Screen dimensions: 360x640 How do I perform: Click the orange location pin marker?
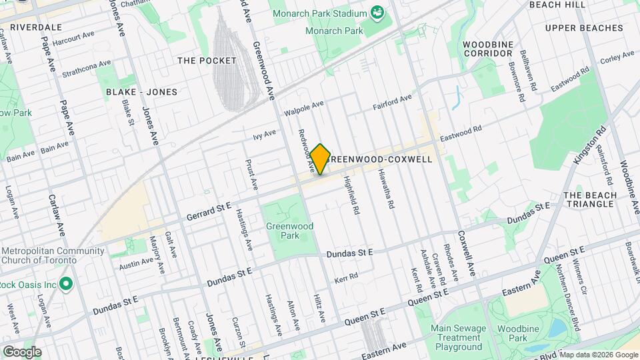point(320,159)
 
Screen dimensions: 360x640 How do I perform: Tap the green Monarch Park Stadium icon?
point(378,12)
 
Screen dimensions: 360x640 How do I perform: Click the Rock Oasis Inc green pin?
point(65,285)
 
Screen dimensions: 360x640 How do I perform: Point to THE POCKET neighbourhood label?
point(207,61)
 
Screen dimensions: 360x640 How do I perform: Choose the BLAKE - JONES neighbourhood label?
point(141,91)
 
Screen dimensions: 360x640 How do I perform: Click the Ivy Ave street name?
point(264,135)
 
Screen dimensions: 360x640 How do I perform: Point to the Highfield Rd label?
point(352,195)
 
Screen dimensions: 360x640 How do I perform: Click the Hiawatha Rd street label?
point(387,189)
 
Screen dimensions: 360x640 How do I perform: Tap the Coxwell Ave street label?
point(466,254)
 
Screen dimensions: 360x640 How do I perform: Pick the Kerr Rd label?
point(346,277)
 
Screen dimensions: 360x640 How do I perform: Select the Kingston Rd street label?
point(589,145)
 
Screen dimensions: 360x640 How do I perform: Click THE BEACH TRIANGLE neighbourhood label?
point(588,199)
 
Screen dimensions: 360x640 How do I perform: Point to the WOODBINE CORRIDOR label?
point(487,48)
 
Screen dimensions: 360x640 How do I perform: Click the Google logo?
point(21,351)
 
